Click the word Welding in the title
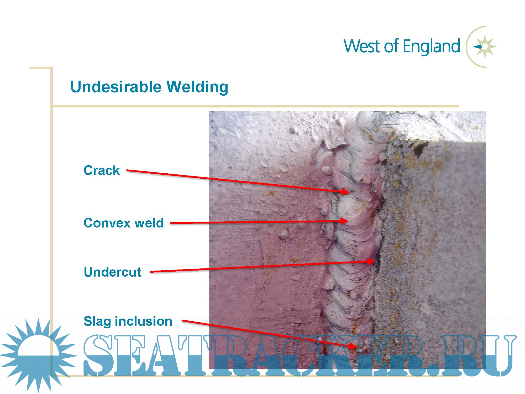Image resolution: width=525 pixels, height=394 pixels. click(x=197, y=87)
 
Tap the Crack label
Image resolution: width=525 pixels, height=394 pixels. click(x=102, y=170)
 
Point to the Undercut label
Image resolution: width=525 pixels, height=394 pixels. click(x=112, y=272)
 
